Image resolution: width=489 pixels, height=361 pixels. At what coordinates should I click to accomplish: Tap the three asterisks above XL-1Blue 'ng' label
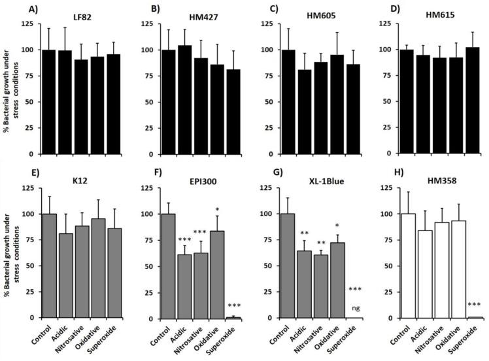pos(356,289)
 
